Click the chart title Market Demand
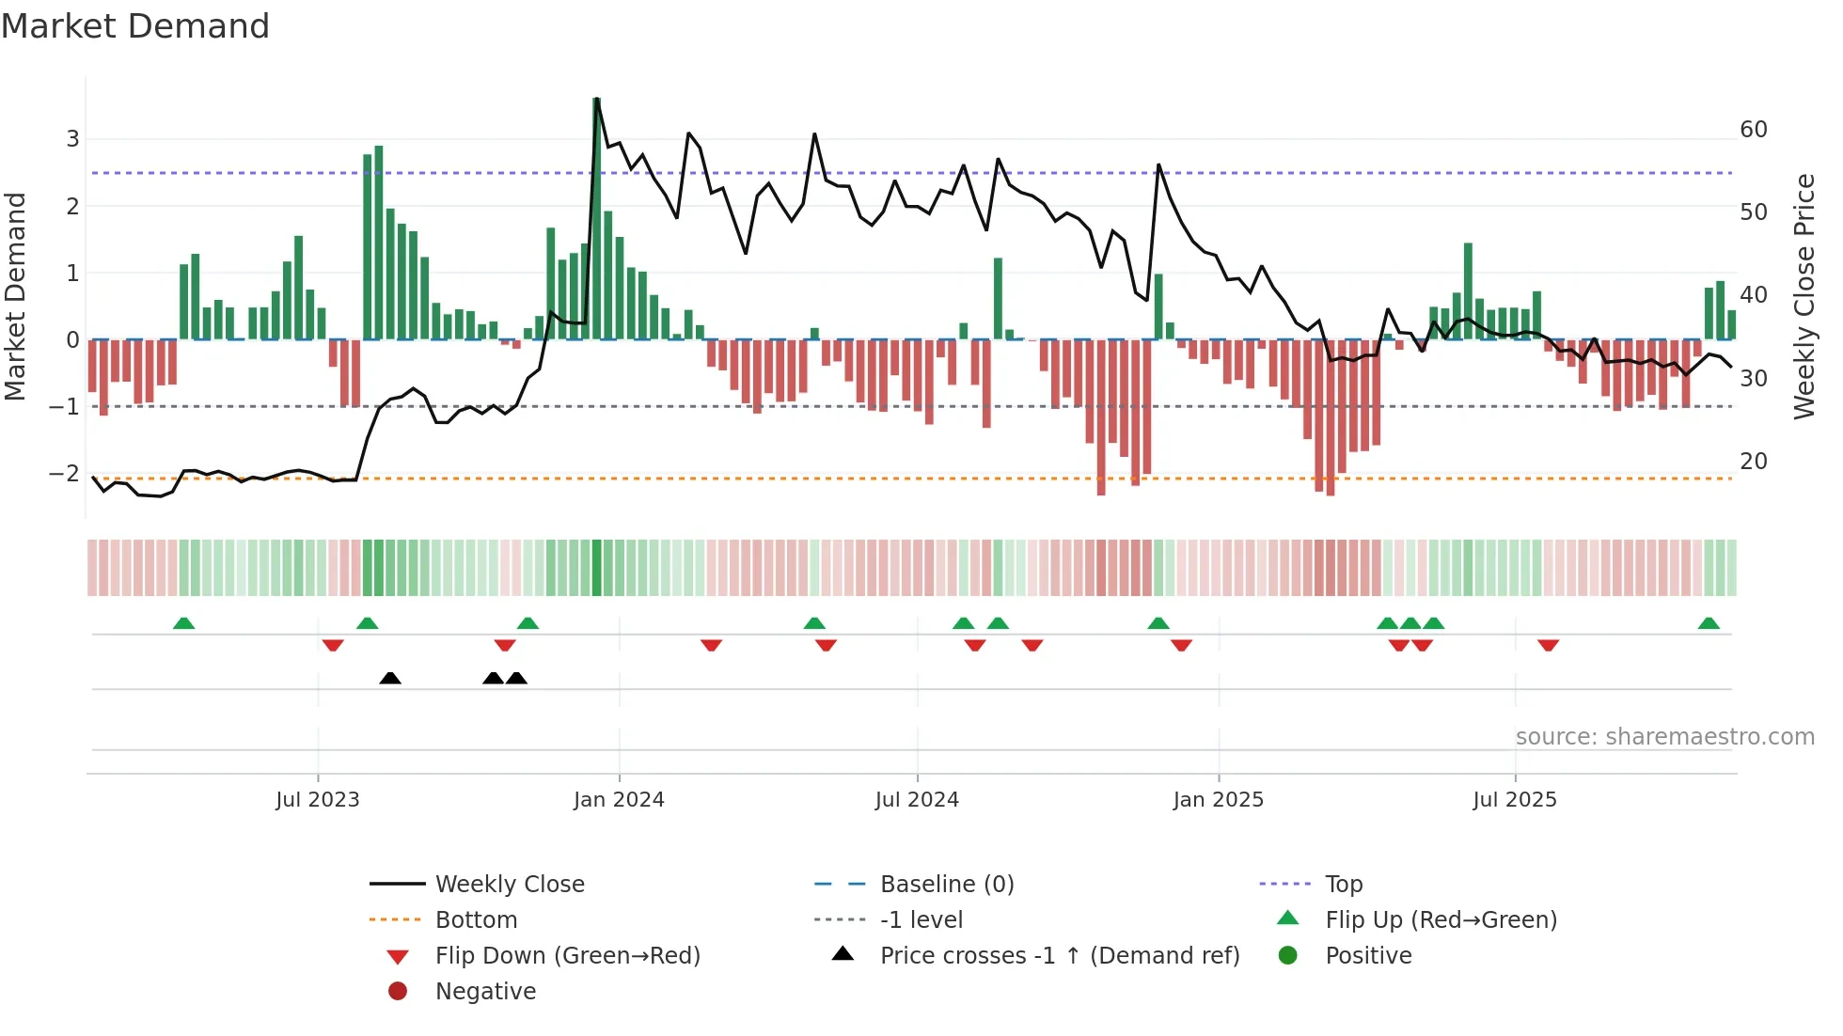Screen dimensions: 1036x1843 pyautogui.click(x=135, y=26)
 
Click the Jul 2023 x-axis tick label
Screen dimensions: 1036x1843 pyautogui.click(x=318, y=800)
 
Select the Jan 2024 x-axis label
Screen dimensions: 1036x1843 pyautogui.click(x=619, y=800)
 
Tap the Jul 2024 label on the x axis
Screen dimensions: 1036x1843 pyautogui.click(x=917, y=800)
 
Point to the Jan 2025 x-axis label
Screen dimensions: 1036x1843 pyautogui.click(x=1219, y=800)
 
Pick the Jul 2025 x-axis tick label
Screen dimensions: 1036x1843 pyautogui.click(x=1515, y=800)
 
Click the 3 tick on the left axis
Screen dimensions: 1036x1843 pyautogui.click(x=72, y=139)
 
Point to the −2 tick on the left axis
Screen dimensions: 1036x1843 pyautogui.click(x=65, y=474)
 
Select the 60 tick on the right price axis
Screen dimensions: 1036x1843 pyautogui.click(x=1754, y=130)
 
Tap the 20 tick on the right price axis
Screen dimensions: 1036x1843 pyautogui.click(x=1754, y=462)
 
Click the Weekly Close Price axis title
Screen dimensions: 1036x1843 pyautogui.click(x=1804, y=296)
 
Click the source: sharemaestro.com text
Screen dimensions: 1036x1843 pyautogui.click(x=1664, y=737)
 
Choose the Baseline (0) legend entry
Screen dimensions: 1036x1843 pyautogui.click(x=947, y=885)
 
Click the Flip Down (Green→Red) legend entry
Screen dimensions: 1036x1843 pyautogui.click(x=567, y=956)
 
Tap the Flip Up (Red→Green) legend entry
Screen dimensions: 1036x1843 pyautogui.click(x=1441, y=920)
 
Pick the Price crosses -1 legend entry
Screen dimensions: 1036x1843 pyautogui.click(x=1060, y=956)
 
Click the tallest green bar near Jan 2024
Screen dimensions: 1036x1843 pyautogui.click(x=596, y=216)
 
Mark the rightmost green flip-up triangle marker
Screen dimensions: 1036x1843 pyautogui.click(x=1709, y=623)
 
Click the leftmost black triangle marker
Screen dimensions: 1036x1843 pyautogui.click(x=390, y=678)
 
